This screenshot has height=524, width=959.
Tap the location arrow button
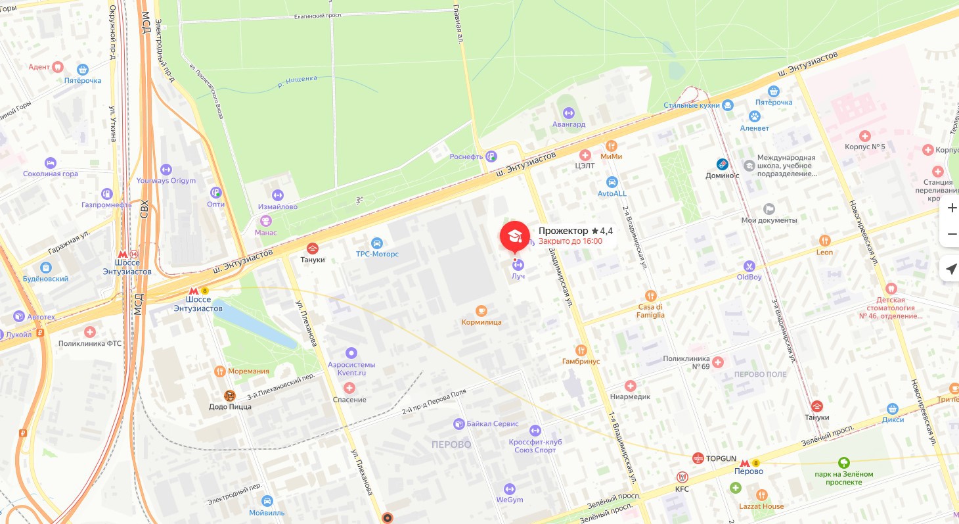point(951,268)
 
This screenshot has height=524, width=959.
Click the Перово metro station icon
point(745,464)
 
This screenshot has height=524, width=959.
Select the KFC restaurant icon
point(682,477)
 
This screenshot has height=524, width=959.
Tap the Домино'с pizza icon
point(723,164)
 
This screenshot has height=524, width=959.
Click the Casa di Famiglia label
point(651,310)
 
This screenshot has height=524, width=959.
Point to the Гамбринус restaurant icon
point(581,350)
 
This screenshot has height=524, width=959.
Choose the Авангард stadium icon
point(568,112)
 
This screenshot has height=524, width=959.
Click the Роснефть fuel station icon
point(491,156)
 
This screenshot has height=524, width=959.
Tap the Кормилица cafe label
point(481,322)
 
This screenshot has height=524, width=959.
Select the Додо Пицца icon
point(229,395)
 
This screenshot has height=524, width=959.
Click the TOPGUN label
point(721,458)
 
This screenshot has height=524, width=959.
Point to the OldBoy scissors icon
point(749,266)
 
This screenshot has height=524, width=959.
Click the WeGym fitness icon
point(509,488)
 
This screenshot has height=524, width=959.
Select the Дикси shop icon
point(893,408)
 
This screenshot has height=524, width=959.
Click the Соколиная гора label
point(51,174)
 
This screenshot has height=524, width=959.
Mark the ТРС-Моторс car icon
point(376,243)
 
